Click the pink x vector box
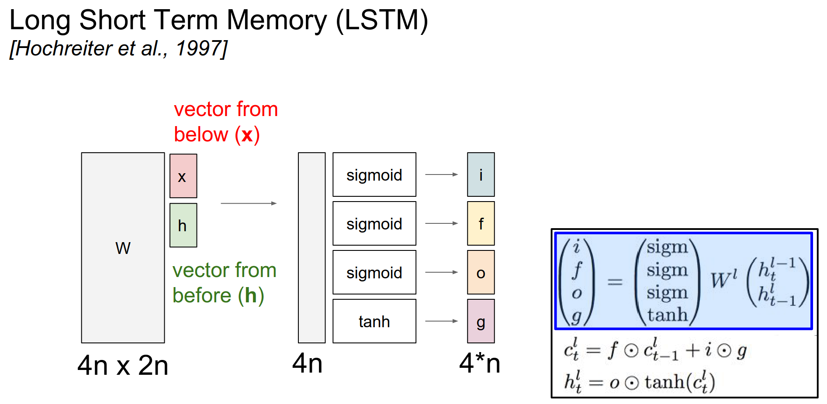click(183, 176)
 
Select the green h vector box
click(183, 225)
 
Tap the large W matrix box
click(123, 248)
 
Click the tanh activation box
click(374, 321)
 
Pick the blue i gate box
click(481, 175)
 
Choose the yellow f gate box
click(481, 223)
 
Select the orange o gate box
click(481, 272)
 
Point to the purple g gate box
click(481, 321)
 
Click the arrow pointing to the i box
click(441, 175)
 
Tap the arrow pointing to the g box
click(441, 321)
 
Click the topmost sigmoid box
click(374, 175)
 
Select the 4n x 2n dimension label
click(123, 365)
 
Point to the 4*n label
click(479, 363)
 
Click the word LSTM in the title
click(382, 20)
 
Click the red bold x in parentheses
click(247, 134)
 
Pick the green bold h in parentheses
click(251, 295)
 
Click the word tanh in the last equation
click(664, 382)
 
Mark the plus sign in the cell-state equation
click(693, 350)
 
